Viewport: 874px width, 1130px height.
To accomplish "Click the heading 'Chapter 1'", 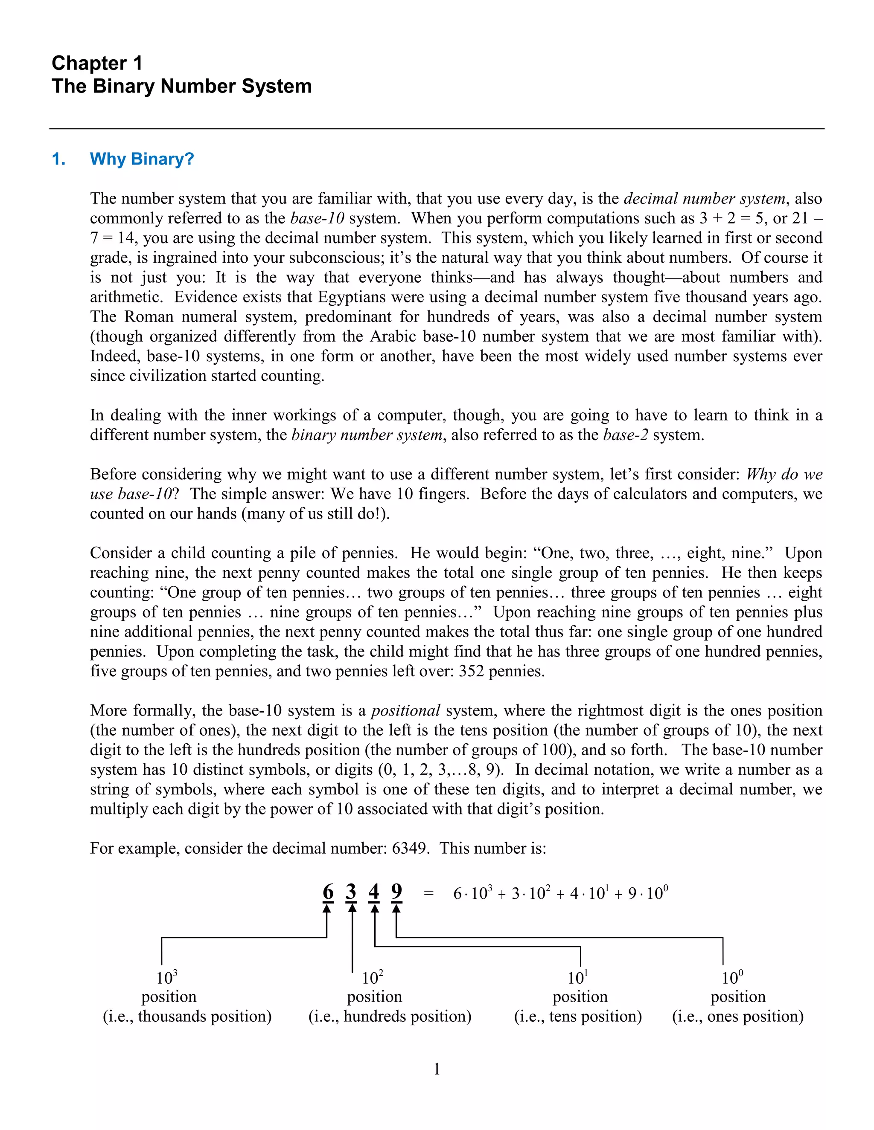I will [97, 63].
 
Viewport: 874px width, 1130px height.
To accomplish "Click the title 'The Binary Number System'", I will [181, 86].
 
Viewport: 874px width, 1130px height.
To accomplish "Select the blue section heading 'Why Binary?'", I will [141, 159].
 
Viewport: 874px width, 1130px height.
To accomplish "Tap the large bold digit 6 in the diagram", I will [328, 892].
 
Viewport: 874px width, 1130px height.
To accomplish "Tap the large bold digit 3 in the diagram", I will [351, 892].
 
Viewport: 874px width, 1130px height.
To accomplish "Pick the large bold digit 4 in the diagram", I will [374, 892].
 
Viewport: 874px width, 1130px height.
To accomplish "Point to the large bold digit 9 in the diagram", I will [396, 892].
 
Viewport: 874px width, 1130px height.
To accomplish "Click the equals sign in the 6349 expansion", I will [428, 893].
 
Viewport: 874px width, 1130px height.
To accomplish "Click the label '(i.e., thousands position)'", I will [187, 1016].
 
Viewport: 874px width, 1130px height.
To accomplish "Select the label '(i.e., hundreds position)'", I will [390, 1016].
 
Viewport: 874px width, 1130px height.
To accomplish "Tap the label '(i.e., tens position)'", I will [578, 1016].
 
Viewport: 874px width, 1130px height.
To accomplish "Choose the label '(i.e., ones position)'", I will [738, 1016].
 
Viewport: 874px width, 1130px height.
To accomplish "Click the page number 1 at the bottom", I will [437, 1069].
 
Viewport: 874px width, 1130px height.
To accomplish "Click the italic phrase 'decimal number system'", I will [705, 199].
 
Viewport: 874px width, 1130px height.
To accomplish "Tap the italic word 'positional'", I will [405, 710].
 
